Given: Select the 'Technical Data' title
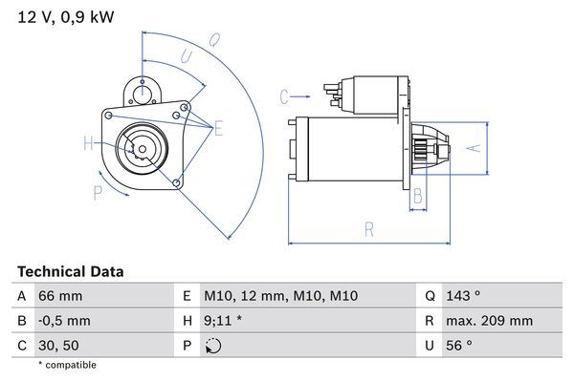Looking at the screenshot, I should click(x=71, y=272).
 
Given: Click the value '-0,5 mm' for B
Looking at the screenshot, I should click(x=64, y=321).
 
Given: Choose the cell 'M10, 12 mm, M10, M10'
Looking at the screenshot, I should click(x=280, y=296).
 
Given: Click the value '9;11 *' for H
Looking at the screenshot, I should click(x=223, y=321).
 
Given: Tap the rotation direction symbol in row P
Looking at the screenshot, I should click(x=212, y=346).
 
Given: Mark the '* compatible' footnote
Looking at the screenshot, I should click(x=67, y=365).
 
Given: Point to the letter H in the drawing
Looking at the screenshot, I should click(x=87, y=144).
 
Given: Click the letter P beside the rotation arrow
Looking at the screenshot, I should click(x=98, y=194).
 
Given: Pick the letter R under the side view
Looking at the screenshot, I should click(x=367, y=229).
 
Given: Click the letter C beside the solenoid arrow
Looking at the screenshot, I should click(x=284, y=96).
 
